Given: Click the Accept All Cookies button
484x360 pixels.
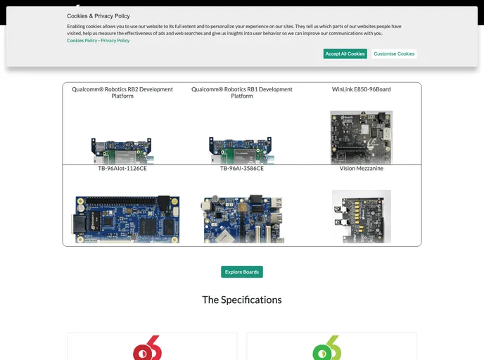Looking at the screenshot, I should click(x=345, y=53).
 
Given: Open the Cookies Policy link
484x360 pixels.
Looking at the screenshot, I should click(x=82, y=41).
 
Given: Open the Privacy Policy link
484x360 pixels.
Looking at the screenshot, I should click(x=115, y=41).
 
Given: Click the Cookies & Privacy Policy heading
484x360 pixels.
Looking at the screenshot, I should click(x=98, y=15).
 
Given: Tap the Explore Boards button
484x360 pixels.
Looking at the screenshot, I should click(x=242, y=272).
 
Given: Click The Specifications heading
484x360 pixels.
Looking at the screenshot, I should click(x=242, y=300).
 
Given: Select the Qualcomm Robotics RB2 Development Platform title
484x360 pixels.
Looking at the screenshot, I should click(x=122, y=93).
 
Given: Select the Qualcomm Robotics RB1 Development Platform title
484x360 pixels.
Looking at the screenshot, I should click(x=242, y=93).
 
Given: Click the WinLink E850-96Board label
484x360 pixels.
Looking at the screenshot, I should click(x=362, y=89).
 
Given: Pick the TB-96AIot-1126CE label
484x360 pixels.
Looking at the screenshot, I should click(x=122, y=169).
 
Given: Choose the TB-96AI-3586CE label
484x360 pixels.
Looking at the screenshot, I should click(x=242, y=169).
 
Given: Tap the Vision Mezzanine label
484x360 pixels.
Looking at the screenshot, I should click(x=362, y=169).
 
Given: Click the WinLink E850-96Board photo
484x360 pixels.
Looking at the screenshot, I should click(x=362, y=137).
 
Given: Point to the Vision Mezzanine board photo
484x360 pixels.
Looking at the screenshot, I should click(x=362, y=217).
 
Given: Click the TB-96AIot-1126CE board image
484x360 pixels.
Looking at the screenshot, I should click(x=125, y=219).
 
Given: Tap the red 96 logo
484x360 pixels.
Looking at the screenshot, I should click(x=148, y=349).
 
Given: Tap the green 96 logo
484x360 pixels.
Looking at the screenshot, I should click(x=327, y=349).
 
